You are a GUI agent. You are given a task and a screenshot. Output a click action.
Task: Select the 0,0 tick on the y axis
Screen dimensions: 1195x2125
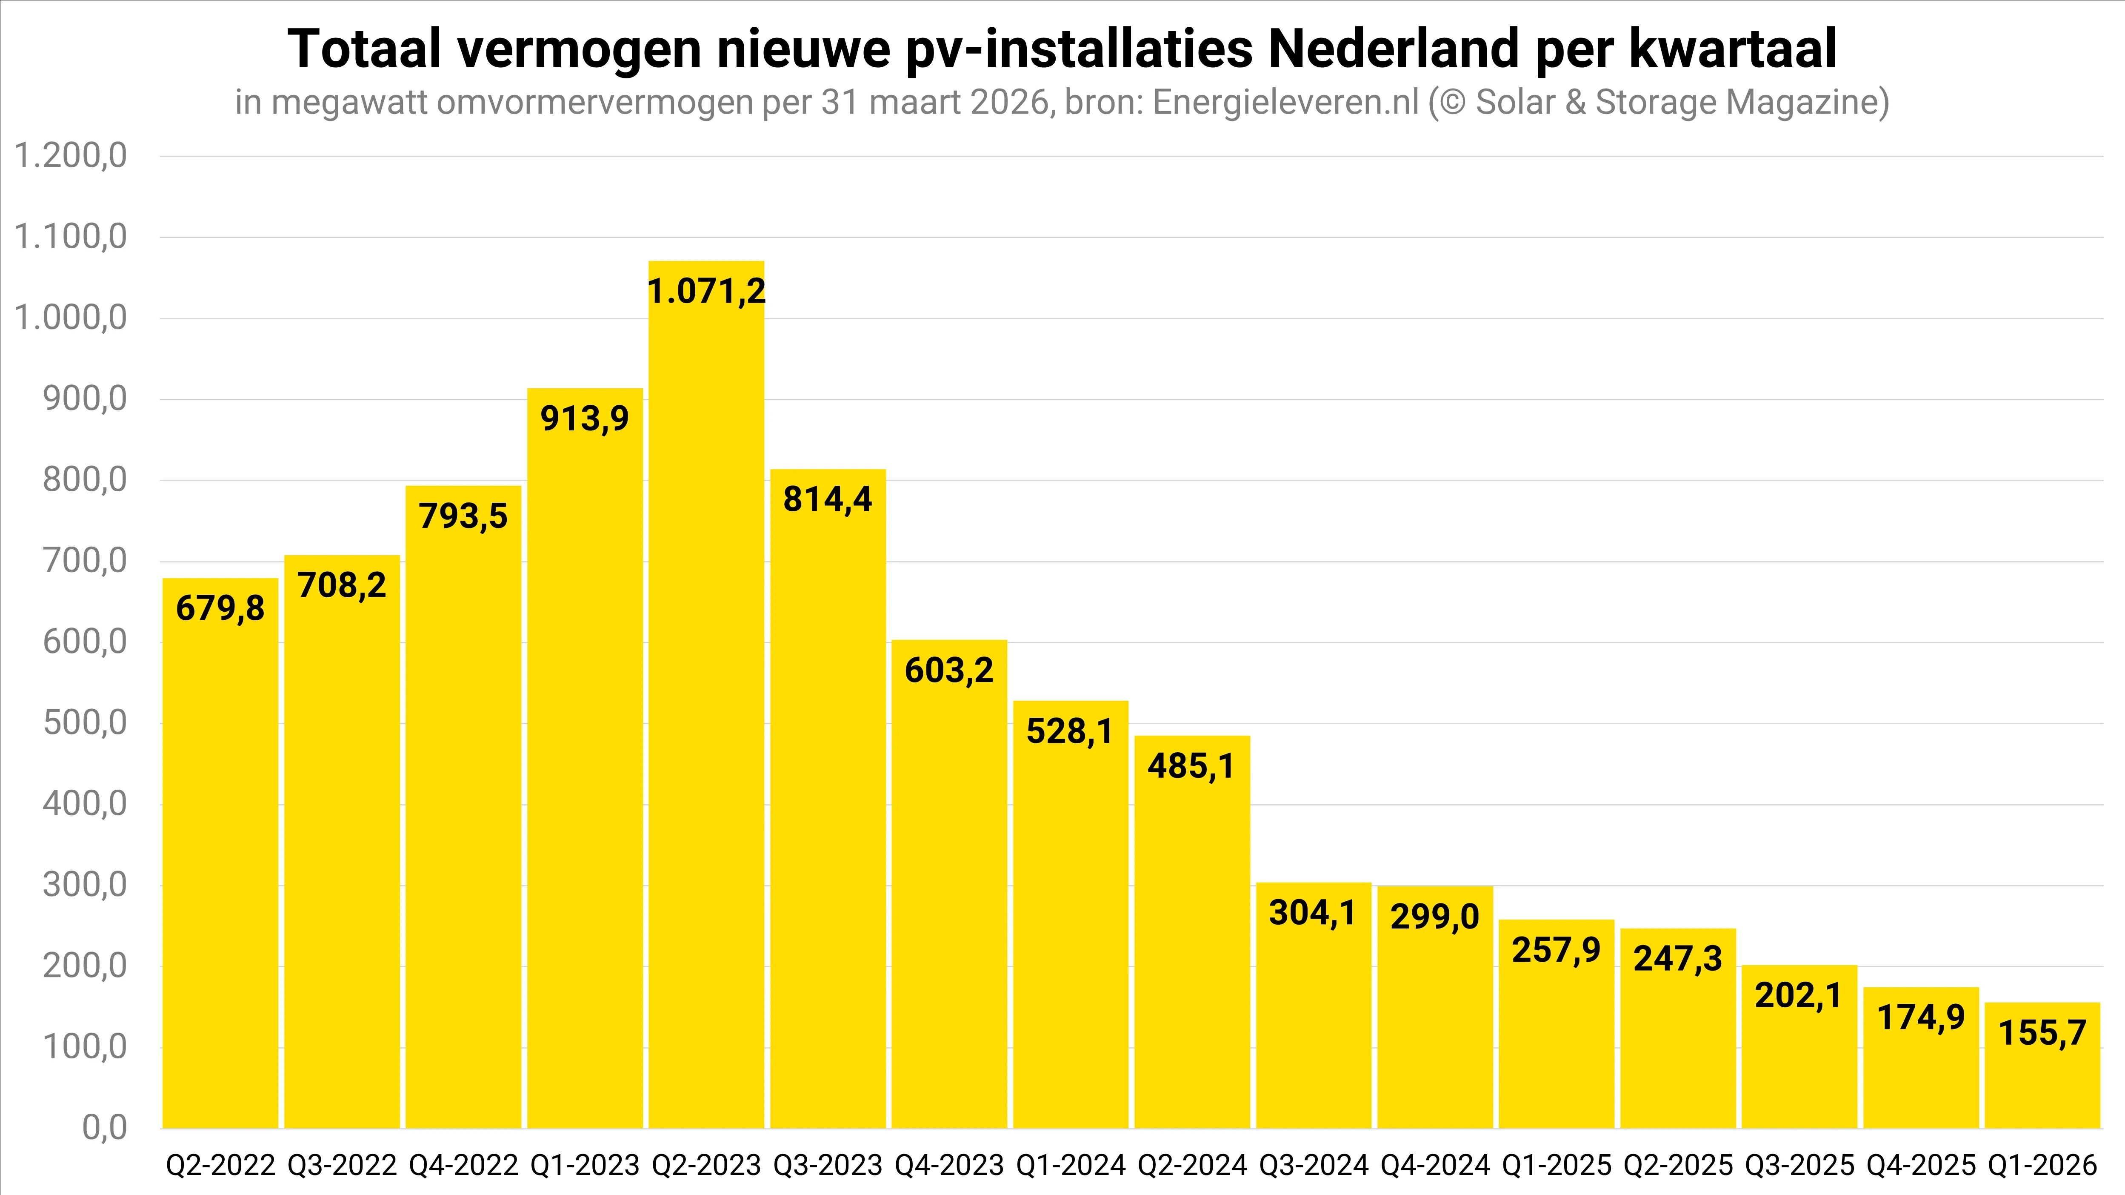coord(105,1127)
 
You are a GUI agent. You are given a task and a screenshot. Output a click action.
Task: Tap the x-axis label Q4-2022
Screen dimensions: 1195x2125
coord(464,1165)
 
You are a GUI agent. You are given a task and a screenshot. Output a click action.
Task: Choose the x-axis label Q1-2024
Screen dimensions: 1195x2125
coord(1071,1165)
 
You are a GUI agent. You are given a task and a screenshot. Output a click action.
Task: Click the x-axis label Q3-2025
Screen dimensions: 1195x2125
coord(1799,1165)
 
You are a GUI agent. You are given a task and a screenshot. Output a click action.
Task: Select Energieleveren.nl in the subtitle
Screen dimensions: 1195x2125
coord(1285,102)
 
